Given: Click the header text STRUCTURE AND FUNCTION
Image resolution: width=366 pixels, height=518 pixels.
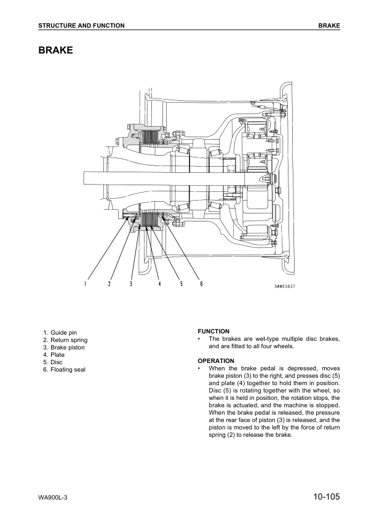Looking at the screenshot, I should click(81, 26).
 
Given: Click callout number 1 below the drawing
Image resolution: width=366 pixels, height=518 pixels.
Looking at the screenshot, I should click(86, 284).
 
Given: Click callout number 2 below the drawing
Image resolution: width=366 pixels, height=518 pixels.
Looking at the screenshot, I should click(109, 284).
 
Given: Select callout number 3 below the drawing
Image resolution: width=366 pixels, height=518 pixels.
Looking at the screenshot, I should click(131, 284).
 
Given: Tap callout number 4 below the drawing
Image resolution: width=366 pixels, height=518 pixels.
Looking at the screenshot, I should click(159, 284).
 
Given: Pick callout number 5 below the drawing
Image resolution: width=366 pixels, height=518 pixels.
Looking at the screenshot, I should click(181, 284).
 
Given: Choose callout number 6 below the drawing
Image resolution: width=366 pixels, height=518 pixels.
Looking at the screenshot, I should click(202, 284).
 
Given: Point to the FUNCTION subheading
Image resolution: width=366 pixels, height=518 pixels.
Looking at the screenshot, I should click(213, 331).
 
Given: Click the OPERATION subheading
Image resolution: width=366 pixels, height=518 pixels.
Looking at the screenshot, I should click(216, 361).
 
